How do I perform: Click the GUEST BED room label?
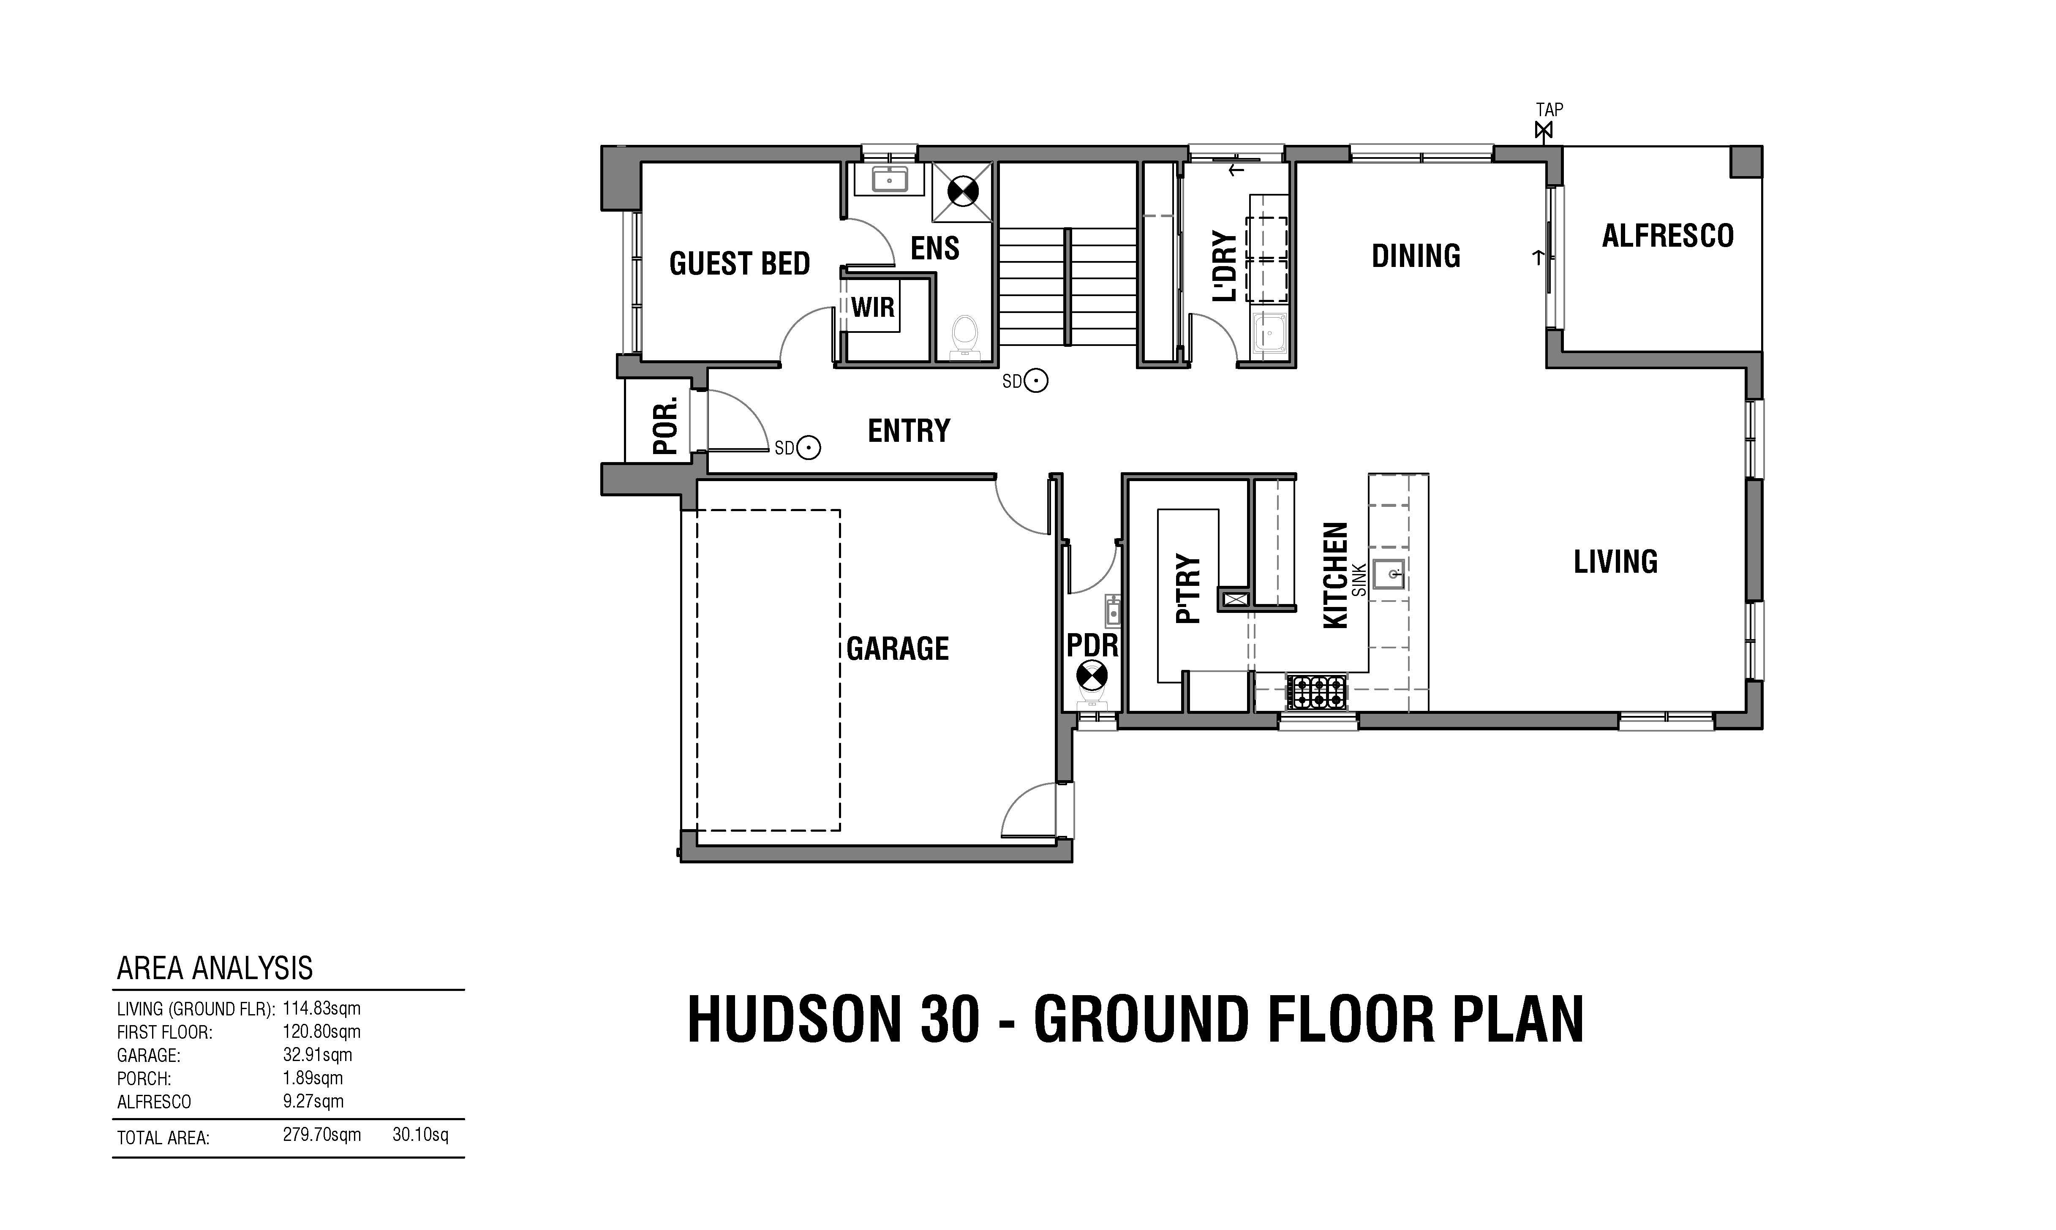tap(739, 264)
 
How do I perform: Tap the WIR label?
tap(873, 307)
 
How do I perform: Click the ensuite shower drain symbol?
tap(963, 192)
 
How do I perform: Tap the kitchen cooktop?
tap(1316, 692)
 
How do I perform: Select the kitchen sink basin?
tap(1388, 574)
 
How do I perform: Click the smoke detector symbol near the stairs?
tap(1036, 381)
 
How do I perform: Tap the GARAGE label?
tap(898, 648)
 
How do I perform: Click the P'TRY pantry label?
tap(1187, 588)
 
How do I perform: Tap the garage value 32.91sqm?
tap(317, 1055)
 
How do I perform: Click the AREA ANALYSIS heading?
tap(215, 968)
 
